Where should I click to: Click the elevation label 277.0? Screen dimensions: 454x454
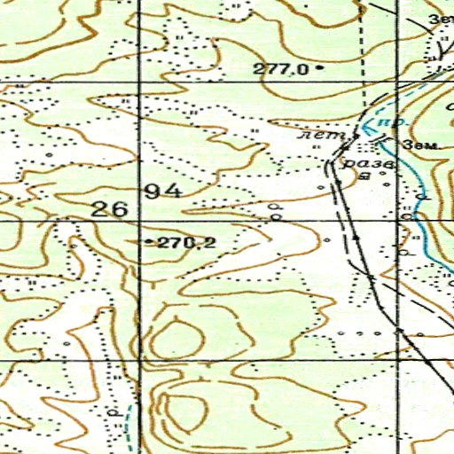coord(279,68)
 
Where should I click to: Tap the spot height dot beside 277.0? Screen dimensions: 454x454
coord(318,67)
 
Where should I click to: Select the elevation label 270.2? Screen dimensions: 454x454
coord(186,241)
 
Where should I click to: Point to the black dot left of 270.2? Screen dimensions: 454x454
coord(147,241)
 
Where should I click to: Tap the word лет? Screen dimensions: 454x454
coord(317,136)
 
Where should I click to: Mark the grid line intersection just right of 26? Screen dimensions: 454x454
coord(140,222)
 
